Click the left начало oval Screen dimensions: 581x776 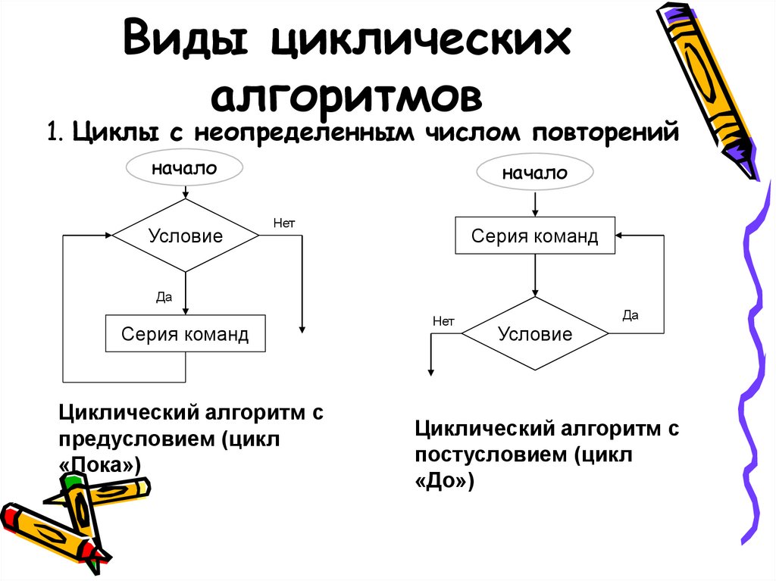184,169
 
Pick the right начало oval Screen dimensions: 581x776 535,173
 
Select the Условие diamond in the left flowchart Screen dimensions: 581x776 186,236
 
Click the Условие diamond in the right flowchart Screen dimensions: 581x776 535,333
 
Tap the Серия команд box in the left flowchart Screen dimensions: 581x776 186,334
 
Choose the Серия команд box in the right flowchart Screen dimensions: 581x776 535,236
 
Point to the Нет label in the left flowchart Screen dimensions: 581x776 283,223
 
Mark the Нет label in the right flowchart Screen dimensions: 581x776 443,321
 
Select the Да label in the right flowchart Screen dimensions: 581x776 630,315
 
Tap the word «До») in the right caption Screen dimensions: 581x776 444,482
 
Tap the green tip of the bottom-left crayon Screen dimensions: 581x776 72,481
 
